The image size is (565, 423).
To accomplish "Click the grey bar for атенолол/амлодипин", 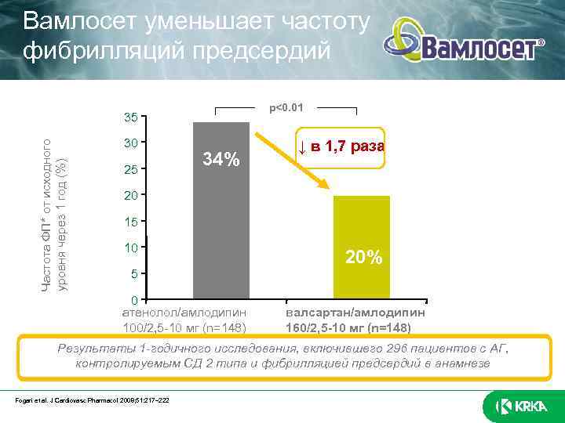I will pyautogui.click(x=221, y=211).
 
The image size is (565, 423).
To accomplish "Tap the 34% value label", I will pyautogui.click(x=221, y=160).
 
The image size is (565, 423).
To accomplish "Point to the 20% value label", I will pyautogui.click(x=363, y=257).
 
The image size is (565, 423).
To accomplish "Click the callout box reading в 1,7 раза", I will pyautogui.click(x=341, y=147).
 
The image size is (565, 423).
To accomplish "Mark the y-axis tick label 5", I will pyautogui.click(x=135, y=274).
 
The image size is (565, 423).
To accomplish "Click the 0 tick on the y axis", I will pyautogui.click(x=135, y=300).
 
